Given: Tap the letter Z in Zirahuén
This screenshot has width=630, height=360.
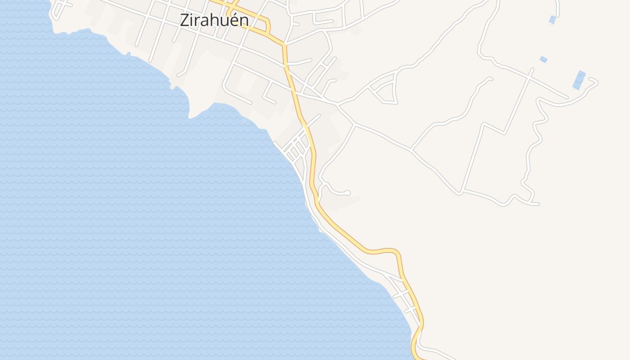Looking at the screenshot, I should pyautogui.click(x=184, y=20).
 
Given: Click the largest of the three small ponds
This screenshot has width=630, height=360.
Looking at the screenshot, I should pyautogui.click(x=579, y=80).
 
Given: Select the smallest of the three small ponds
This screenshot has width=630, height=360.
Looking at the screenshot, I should pyautogui.click(x=544, y=59).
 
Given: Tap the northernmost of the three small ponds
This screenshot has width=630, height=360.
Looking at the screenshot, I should pyautogui.click(x=552, y=20).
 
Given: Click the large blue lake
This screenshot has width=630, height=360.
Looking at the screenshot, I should pyautogui.click(x=135, y=202).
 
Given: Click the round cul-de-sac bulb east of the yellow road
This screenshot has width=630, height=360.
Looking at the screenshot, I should pyautogui.click(x=348, y=193).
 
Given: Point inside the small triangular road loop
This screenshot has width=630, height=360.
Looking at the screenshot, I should pyautogui.click(x=386, y=93).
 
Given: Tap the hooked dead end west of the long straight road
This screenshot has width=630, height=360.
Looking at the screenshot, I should pyautogui.click(x=490, y=79).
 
